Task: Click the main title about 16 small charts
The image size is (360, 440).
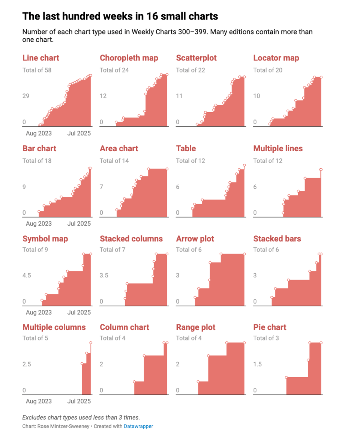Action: tap(120, 17)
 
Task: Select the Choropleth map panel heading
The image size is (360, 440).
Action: tap(129, 58)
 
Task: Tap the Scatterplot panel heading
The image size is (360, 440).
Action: tap(196, 58)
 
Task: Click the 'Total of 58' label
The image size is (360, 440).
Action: tap(37, 70)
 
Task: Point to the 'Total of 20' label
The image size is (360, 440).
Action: tap(268, 70)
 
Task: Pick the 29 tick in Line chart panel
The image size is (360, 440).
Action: tap(26, 96)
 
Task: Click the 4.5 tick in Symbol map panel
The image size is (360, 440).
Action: tap(27, 276)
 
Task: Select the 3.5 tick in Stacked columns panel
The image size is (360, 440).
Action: tap(104, 276)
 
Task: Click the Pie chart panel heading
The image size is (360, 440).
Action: tap(270, 327)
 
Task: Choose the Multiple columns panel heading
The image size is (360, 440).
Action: tap(54, 327)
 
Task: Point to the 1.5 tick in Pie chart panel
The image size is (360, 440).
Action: tap(257, 364)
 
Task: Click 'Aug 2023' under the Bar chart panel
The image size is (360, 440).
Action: tap(39, 224)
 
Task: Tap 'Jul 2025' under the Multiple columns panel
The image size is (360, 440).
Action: tap(79, 401)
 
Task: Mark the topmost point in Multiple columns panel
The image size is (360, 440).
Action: tap(91, 343)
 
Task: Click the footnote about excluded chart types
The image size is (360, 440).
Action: tap(81, 417)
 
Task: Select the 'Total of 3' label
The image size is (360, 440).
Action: tap(266, 338)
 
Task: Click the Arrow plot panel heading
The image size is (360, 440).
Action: tap(195, 239)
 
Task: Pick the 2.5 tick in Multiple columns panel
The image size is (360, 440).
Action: tap(27, 364)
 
